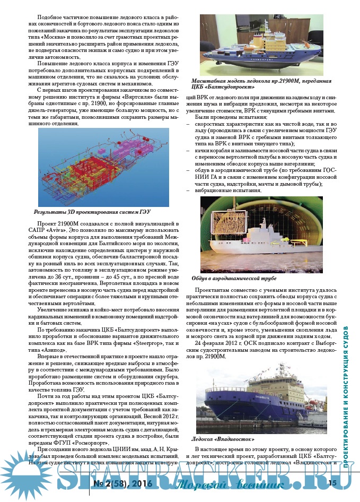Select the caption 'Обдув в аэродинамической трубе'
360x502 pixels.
pos(234,278)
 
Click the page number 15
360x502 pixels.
pos(333,483)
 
